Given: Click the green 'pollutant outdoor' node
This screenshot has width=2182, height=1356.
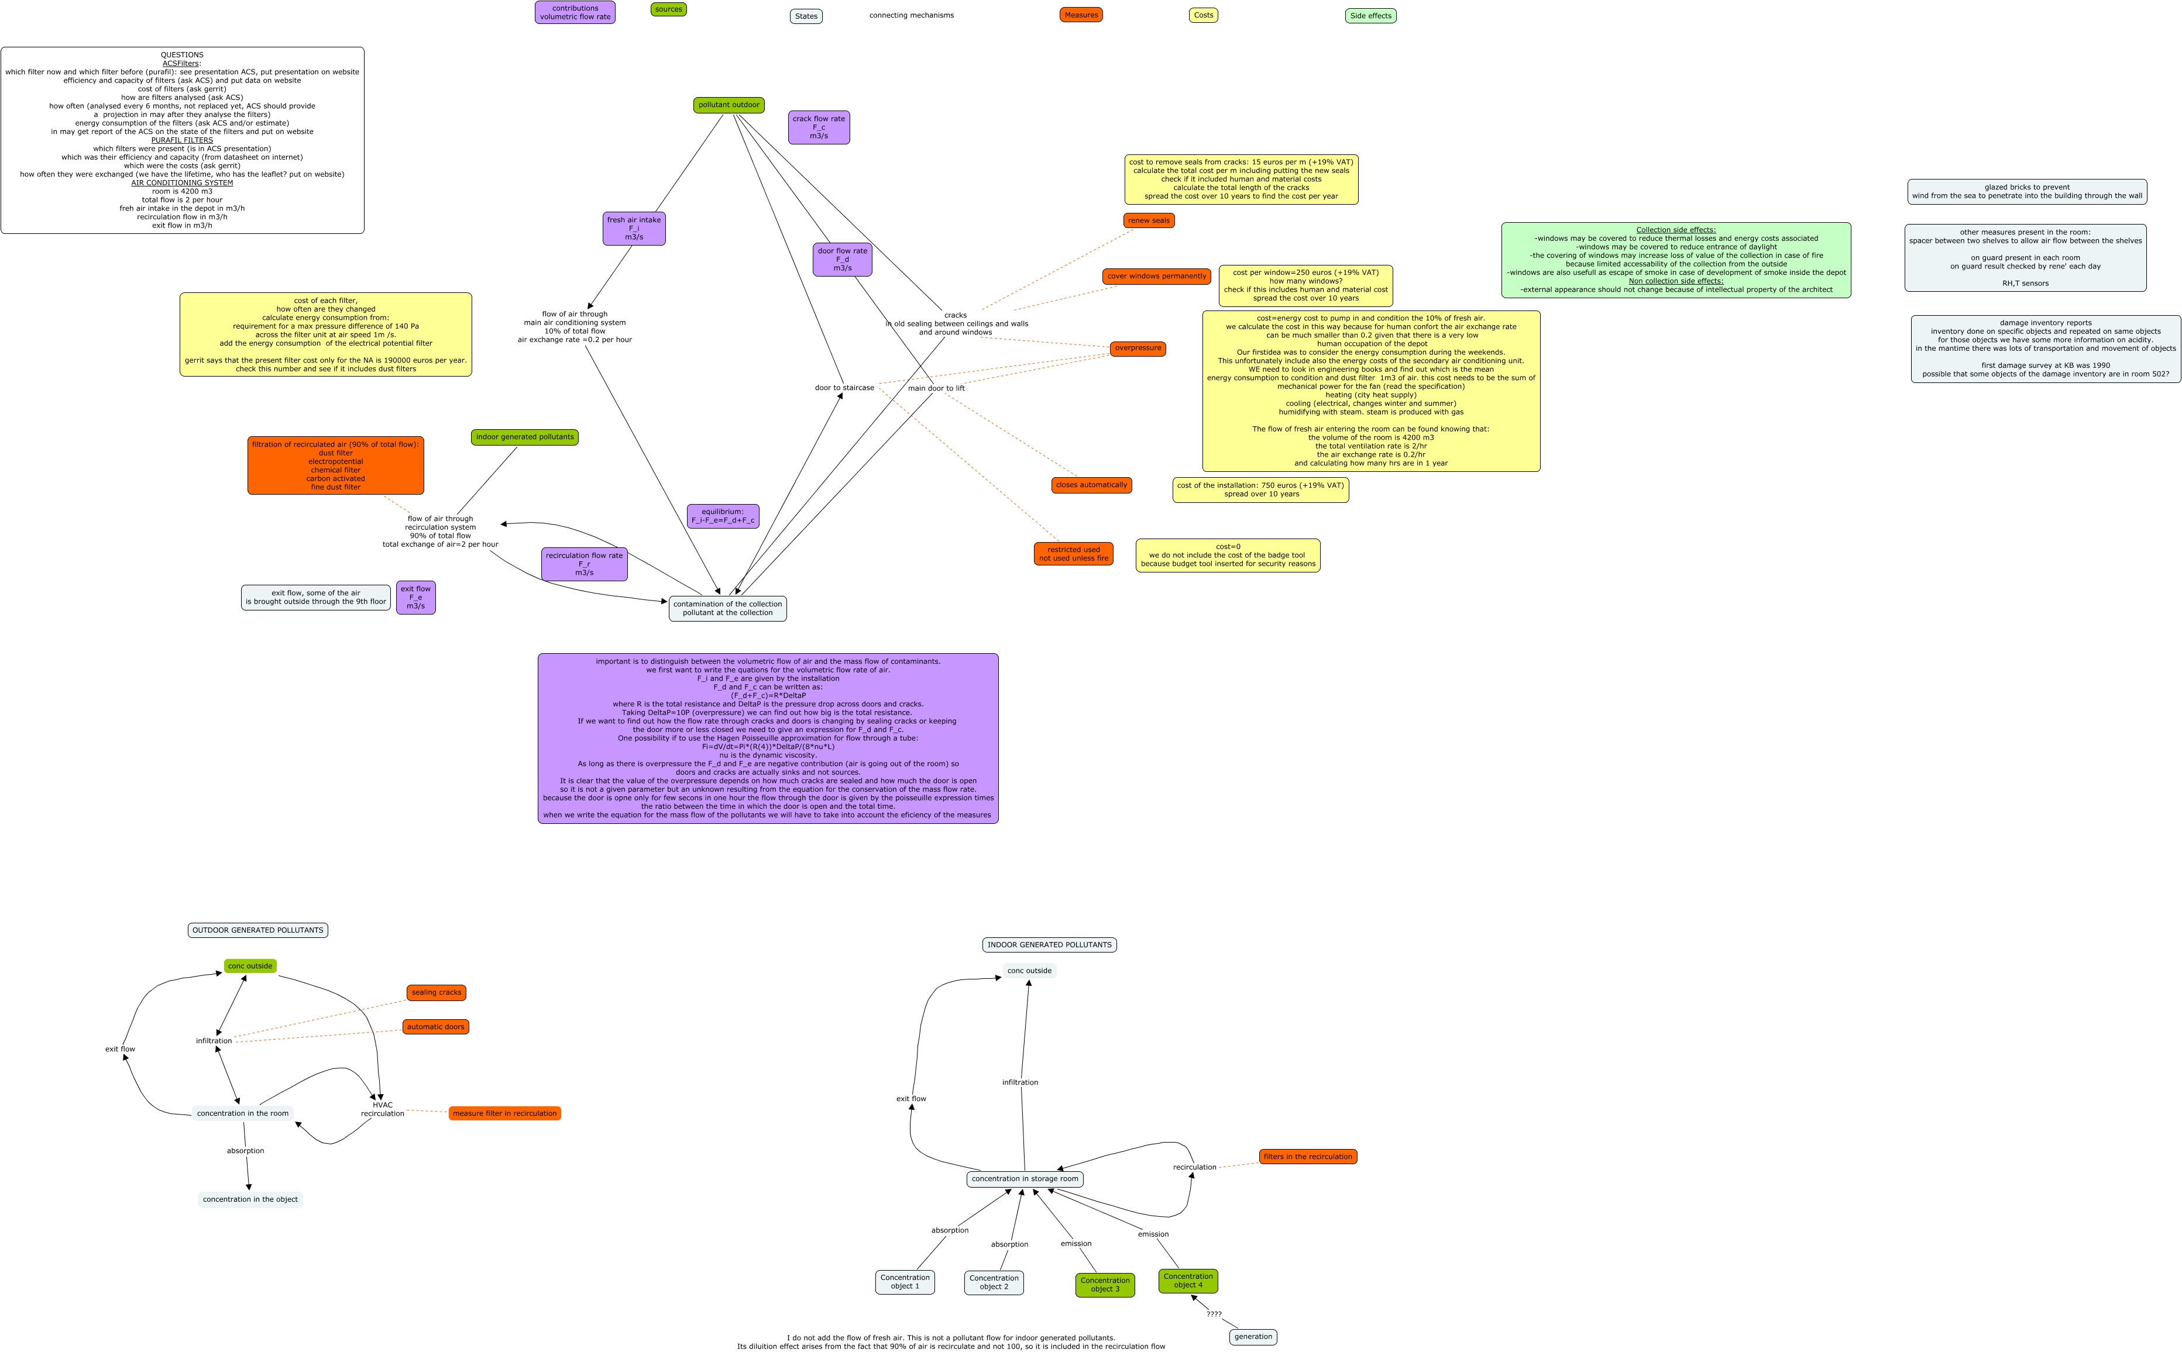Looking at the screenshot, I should point(729,105).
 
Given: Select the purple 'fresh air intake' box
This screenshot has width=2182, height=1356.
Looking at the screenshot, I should point(634,229).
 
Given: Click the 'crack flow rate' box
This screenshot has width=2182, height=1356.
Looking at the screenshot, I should point(818,127).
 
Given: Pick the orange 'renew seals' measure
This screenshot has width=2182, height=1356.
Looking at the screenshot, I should point(1149,220).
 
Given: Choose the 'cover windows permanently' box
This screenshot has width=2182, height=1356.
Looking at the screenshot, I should point(1156,276).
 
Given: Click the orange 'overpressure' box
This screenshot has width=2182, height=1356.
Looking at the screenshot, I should point(1138,348).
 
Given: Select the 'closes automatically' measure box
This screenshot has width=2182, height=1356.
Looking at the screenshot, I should point(1091,485).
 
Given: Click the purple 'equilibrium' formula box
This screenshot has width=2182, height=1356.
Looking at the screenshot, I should point(722,516).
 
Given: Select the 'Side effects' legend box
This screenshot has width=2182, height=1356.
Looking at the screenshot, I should point(1370,16).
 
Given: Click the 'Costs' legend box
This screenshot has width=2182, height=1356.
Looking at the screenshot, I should point(1203,15).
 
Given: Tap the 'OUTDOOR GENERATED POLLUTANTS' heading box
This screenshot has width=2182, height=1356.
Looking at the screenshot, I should point(257,930).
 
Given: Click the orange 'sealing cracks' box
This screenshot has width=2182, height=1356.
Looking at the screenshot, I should point(436,993).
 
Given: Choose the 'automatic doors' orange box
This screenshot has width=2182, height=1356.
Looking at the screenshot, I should point(435,1027).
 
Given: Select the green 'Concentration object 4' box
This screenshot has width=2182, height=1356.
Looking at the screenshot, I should point(1188,1281).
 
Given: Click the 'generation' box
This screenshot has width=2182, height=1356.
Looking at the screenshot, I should point(1252,1337).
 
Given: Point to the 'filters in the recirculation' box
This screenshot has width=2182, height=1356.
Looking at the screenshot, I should point(1307,1157).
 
